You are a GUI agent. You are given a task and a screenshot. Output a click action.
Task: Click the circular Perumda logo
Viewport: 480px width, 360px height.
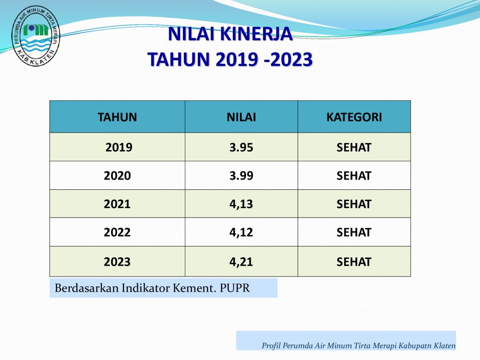[36, 37]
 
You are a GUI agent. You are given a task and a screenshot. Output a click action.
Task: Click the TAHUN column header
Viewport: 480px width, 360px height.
[117, 117]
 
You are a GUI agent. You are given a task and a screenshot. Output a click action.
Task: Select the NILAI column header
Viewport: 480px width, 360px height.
[241, 117]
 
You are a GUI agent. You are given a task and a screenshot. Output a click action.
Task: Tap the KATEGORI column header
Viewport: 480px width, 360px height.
[354, 117]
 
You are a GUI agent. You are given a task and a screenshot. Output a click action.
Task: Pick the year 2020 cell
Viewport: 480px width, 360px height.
[117, 176]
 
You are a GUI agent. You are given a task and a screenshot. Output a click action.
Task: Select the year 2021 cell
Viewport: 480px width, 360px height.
[117, 204]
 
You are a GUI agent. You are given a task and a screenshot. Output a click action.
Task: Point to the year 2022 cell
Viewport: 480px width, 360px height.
[117, 232]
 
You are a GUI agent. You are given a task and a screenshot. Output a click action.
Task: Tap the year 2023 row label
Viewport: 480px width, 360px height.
[117, 262]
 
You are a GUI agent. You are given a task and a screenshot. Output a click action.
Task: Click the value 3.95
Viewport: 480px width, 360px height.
[241, 148]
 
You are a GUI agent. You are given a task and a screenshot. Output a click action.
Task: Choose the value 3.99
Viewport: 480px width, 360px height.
[241, 176]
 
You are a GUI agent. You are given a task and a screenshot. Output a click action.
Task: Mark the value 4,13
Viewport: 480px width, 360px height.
[241, 204]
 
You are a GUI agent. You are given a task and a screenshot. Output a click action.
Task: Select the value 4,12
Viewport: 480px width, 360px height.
[241, 232]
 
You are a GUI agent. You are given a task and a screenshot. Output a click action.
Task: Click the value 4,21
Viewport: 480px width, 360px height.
[241, 262]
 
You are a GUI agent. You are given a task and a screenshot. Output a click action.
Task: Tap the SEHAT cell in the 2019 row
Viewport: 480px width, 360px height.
[354, 148]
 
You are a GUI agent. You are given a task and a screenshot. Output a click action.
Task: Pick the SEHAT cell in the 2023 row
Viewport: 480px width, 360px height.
[354, 262]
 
